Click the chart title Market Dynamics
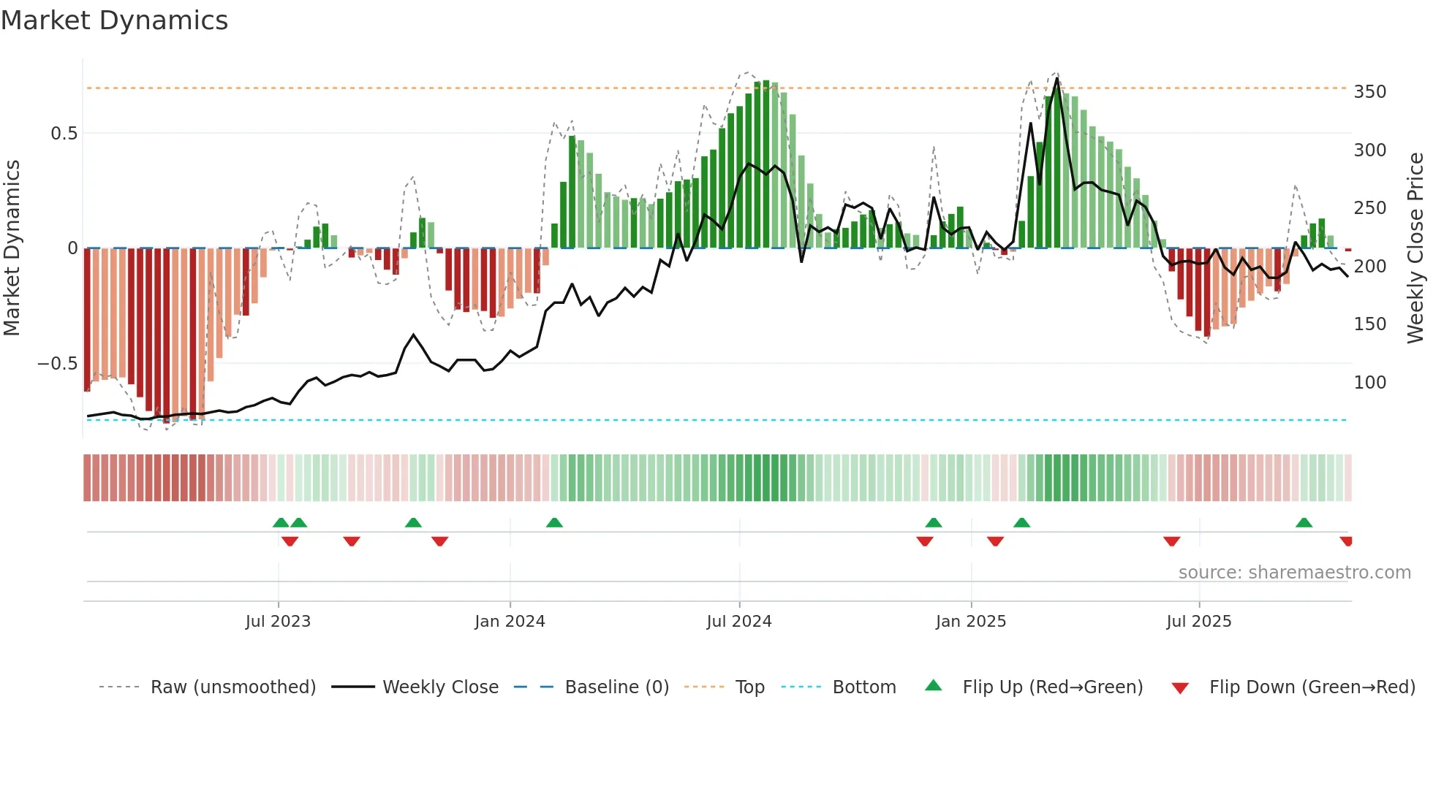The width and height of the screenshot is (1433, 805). point(114,20)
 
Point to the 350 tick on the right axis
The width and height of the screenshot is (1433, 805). point(1369,92)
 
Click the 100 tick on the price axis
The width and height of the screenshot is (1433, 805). point(1369,383)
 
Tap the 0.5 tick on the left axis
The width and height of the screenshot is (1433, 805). point(64,134)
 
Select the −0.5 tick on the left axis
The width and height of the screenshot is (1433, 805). point(58,364)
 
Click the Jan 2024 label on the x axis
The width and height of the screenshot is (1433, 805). point(510,622)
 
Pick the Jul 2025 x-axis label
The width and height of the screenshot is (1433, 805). point(1198,622)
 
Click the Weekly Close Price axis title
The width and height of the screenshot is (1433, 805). point(1415,248)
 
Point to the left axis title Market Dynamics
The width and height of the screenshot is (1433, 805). point(12,248)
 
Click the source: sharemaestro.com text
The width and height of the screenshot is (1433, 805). point(1294,573)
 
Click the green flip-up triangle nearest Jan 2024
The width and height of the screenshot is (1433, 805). point(554,523)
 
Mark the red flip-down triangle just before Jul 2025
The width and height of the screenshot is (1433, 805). point(1171,541)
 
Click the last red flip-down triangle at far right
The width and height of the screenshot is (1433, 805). point(1346,541)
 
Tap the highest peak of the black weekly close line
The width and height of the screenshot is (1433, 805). point(1057,79)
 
